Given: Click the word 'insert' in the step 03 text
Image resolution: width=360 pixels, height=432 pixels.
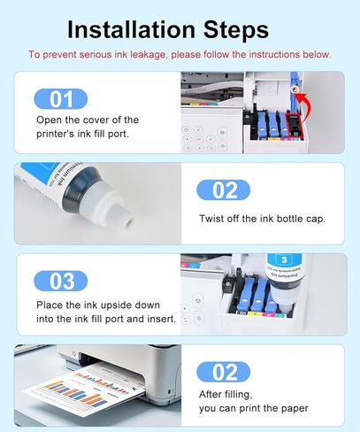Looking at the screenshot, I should (157, 319).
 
